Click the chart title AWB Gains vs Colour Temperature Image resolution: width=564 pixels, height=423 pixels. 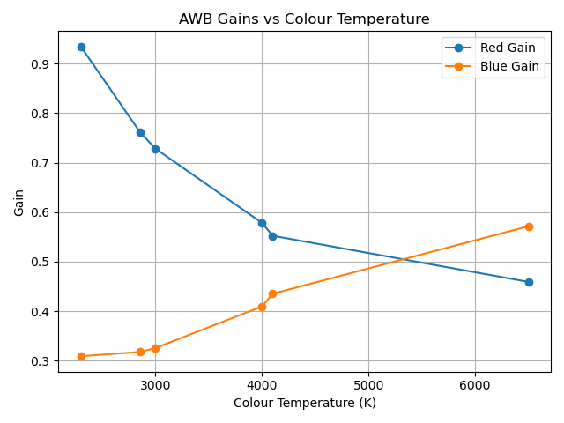304,19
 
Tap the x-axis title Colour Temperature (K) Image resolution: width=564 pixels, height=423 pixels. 304,403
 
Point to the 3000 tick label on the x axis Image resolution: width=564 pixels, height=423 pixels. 155,385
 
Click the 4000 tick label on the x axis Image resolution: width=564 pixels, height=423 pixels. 262,385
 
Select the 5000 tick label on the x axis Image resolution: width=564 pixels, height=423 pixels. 368,385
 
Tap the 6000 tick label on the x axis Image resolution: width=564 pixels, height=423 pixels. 475,385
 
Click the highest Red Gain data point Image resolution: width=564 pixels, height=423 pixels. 81,47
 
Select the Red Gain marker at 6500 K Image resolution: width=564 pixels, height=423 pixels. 529,282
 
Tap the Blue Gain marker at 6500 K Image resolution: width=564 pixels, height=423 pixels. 529,226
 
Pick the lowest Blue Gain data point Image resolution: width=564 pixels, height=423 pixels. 81,356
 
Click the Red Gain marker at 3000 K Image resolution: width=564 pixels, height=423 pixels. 155,149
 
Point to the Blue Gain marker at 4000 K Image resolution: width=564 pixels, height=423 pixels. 262,307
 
